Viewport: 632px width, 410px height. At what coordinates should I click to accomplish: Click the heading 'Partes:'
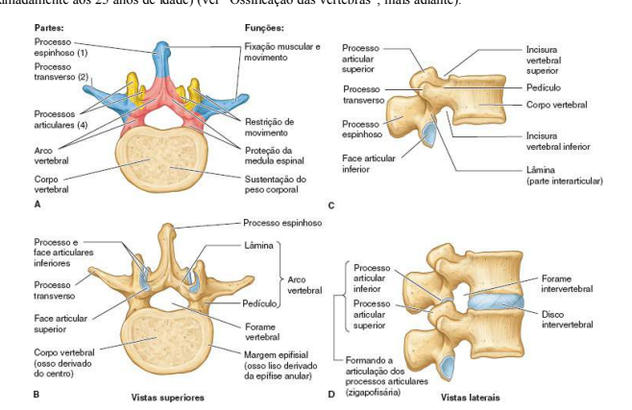coord(50,28)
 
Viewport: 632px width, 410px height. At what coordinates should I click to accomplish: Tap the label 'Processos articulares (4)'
coord(57,119)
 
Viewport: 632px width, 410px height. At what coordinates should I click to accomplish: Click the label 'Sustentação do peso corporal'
coord(275,183)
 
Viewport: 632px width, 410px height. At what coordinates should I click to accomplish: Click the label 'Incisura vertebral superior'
coord(543,60)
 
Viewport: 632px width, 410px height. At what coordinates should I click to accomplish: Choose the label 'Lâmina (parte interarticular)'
coord(557,175)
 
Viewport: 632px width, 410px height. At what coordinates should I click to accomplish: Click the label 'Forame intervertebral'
coord(567,283)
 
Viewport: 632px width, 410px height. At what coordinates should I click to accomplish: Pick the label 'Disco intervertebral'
coord(567,319)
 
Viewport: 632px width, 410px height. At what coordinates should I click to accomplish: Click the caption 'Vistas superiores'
coord(167,396)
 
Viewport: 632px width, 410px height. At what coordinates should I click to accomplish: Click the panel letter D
coord(332,395)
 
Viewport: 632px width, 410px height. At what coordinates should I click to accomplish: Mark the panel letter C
coord(332,205)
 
